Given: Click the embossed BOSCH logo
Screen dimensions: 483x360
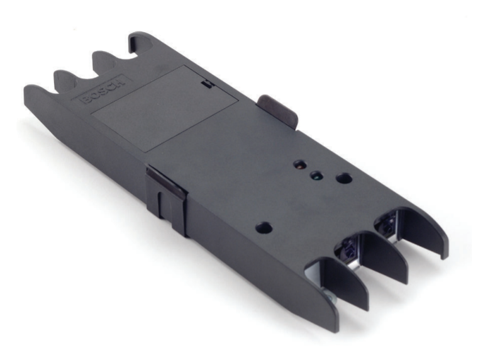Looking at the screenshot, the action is [x=103, y=90].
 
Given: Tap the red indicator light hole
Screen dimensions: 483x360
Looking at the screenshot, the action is [x=299, y=165].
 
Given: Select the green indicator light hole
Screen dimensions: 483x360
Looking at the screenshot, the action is [x=316, y=176].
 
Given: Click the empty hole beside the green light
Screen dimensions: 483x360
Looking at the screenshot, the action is [x=344, y=178].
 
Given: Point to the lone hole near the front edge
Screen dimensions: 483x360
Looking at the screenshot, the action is [x=264, y=228].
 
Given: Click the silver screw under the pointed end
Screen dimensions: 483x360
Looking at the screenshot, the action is [x=330, y=297].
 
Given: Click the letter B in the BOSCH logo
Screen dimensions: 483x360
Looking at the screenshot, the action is [x=86, y=100].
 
